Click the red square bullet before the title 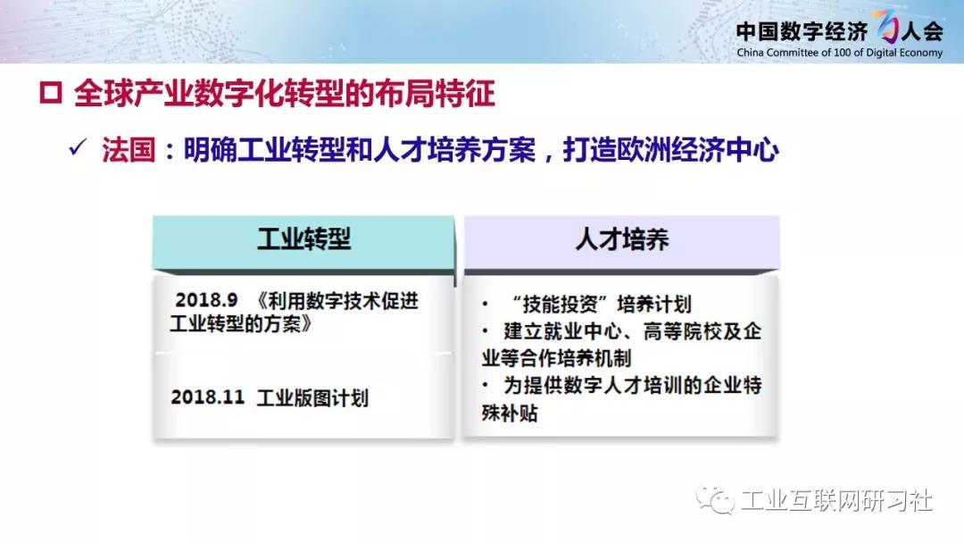tap(50, 94)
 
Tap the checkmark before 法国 tap(78, 148)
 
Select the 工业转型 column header tap(303, 239)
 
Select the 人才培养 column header tap(621, 239)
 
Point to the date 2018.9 tap(206, 300)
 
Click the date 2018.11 tap(208, 397)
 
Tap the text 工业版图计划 tap(312, 397)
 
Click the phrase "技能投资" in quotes tap(560, 304)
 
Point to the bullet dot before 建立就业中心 tap(486, 331)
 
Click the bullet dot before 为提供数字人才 tap(486, 386)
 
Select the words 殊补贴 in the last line tap(510, 413)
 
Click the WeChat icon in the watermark tap(715, 500)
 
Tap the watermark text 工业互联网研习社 tap(836, 500)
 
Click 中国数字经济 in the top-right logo tap(802, 30)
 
